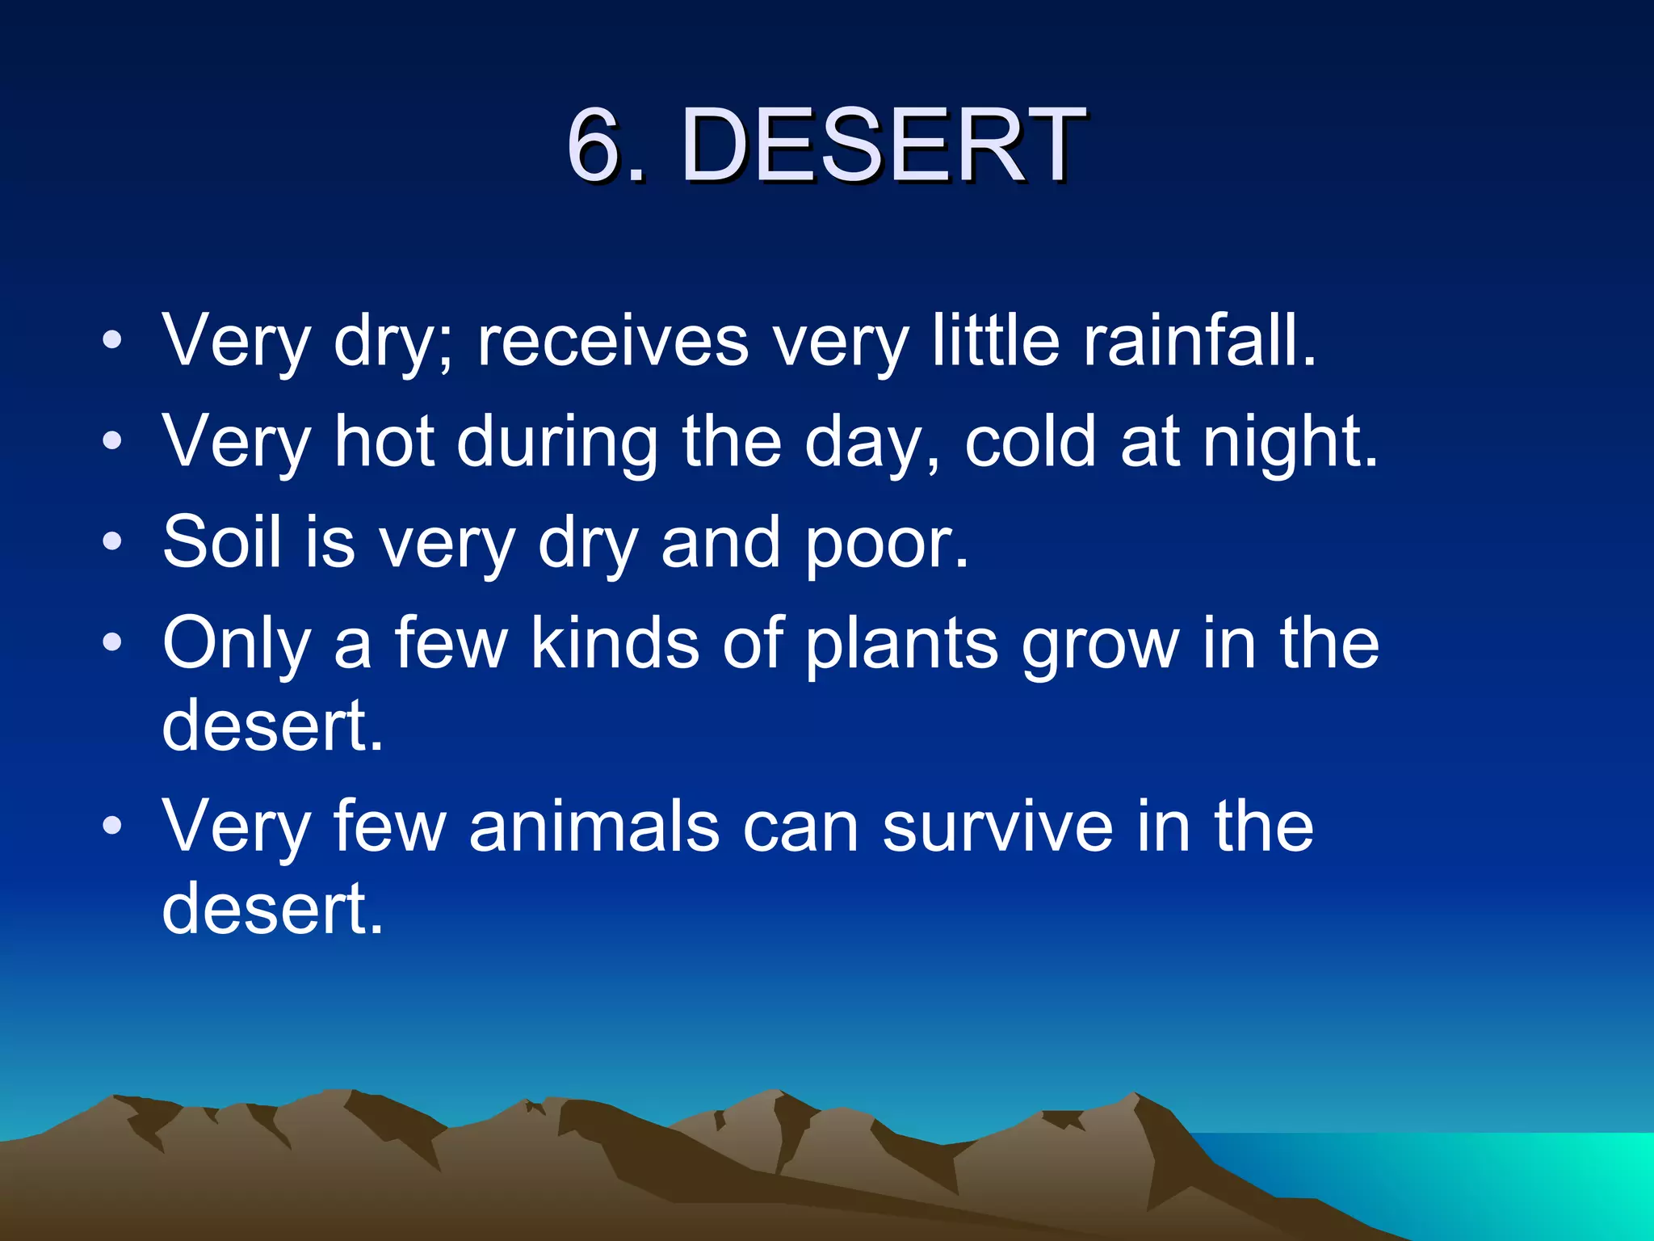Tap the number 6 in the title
pos(596,145)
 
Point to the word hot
pos(384,442)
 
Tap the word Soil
pos(220,542)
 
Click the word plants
pos(902,645)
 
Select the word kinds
pos(615,643)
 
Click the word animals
pos(594,826)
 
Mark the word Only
pos(236,645)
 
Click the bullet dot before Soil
pos(112,541)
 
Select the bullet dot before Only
pos(112,642)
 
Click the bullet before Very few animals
pos(112,825)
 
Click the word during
pos(557,442)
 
